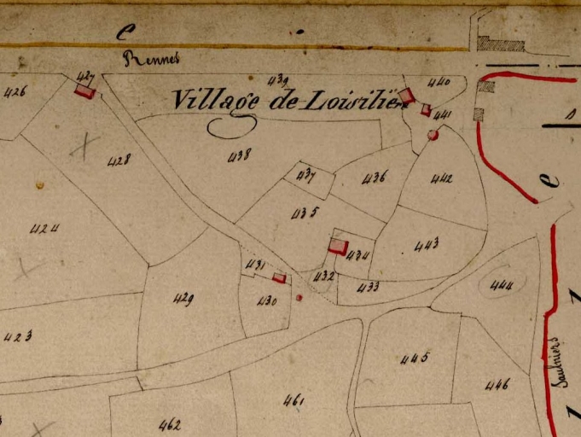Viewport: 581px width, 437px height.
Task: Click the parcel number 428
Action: click(x=119, y=160)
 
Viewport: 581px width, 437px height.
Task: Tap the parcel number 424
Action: click(x=44, y=229)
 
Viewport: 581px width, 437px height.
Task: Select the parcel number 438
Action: click(x=241, y=154)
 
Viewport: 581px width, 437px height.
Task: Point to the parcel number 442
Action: click(x=442, y=178)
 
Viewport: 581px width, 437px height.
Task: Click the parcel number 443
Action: click(x=427, y=246)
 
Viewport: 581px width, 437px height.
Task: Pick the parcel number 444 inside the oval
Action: click(x=502, y=286)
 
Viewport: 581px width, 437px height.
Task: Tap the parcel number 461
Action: click(x=294, y=399)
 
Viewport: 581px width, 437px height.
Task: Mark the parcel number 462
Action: click(x=170, y=423)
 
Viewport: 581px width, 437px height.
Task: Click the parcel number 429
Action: click(x=183, y=299)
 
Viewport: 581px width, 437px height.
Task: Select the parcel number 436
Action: click(x=375, y=178)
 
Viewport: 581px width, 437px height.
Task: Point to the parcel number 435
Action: click(x=305, y=213)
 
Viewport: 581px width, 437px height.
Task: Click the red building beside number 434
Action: click(x=338, y=247)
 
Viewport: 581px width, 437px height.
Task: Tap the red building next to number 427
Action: click(x=84, y=91)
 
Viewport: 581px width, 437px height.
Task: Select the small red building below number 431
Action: click(x=279, y=277)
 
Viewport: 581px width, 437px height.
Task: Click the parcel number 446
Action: click(x=497, y=385)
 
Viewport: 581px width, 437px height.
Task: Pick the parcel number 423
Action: click(x=17, y=336)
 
